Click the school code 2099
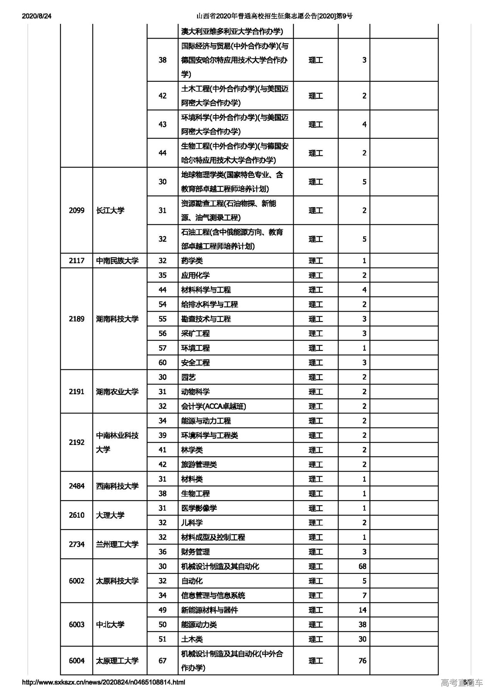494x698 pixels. point(76,211)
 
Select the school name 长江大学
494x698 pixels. point(110,211)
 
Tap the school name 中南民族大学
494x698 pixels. point(117,261)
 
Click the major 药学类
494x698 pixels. point(192,261)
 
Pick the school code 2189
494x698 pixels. point(76,319)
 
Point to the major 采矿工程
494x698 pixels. point(195,334)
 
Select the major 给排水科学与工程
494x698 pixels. point(210,304)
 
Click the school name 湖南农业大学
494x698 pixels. point(117,392)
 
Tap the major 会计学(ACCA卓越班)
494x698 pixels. point(213,406)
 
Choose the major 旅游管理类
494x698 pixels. point(199,464)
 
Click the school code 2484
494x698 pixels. point(76,486)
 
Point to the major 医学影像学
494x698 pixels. point(199,508)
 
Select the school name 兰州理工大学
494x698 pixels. point(117,544)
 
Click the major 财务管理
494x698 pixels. point(195,552)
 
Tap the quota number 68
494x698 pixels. point(362,566)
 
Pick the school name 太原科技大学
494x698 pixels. point(117,581)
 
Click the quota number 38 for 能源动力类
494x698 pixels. point(362,624)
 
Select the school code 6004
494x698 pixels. point(76,661)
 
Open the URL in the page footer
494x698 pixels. point(103,682)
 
